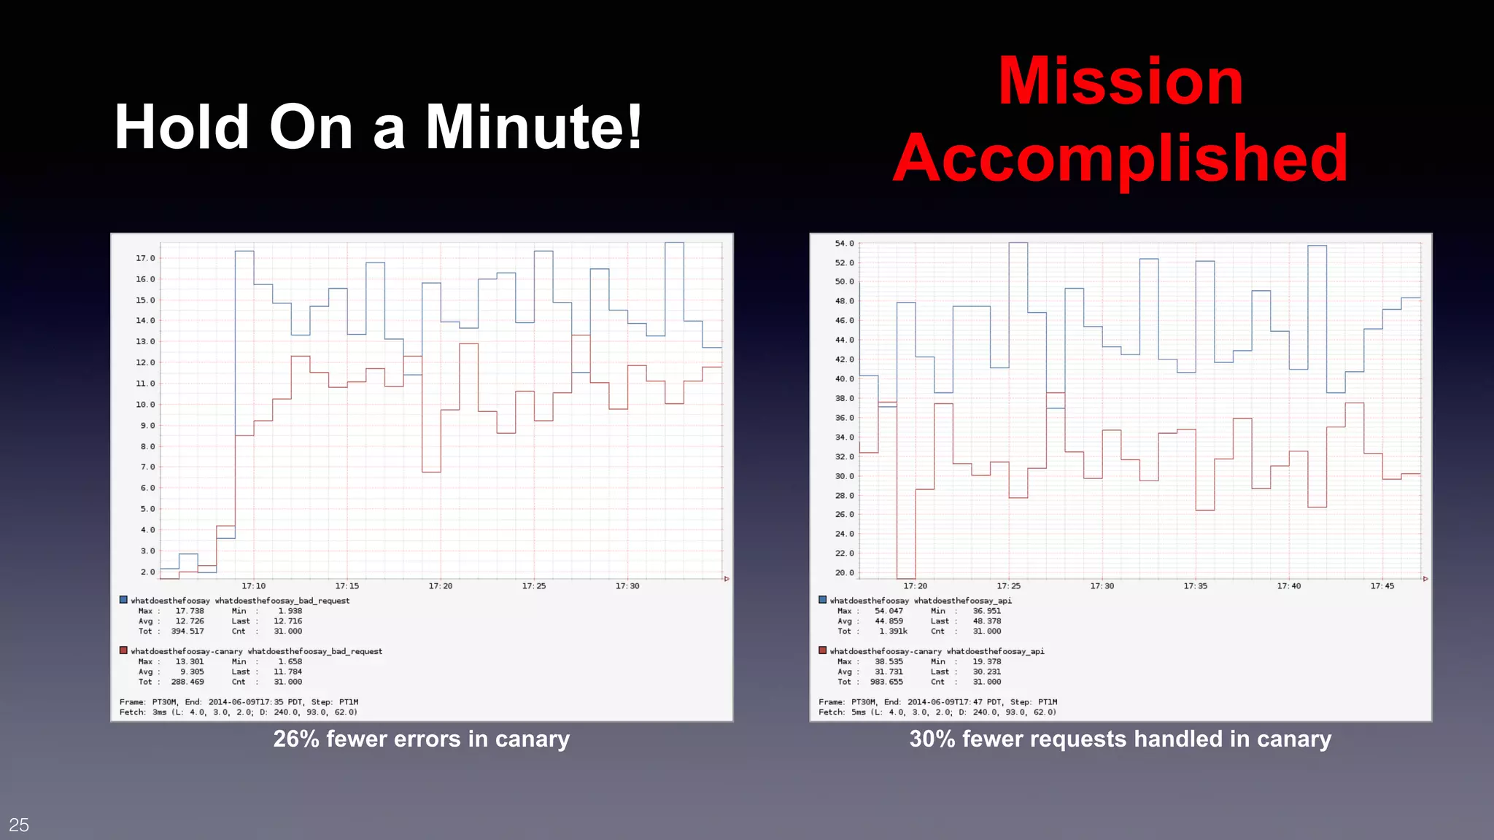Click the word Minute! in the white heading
[x=533, y=128]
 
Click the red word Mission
[x=1120, y=82]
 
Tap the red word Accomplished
[x=1120, y=159]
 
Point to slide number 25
[x=19, y=825]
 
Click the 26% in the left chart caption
[x=296, y=739]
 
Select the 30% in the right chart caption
[x=932, y=739]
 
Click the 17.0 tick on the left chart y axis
[x=145, y=258]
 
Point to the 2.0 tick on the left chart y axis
[x=147, y=572]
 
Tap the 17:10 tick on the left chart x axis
[x=254, y=586]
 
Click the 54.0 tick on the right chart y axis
[x=844, y=244]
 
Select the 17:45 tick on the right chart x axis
[x=1382, y=586]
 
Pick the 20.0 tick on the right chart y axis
[x=844, y=572]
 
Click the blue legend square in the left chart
[x=123, y=600]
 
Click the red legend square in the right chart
[x=823, y=650]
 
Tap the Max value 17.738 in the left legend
[x=190, y=611]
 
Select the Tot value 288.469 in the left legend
[x=187, y=682]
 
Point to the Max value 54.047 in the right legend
[x=889, y=611]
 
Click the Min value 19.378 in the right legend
[x=986, y=661]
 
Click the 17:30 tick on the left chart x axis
[x=627, y=586]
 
